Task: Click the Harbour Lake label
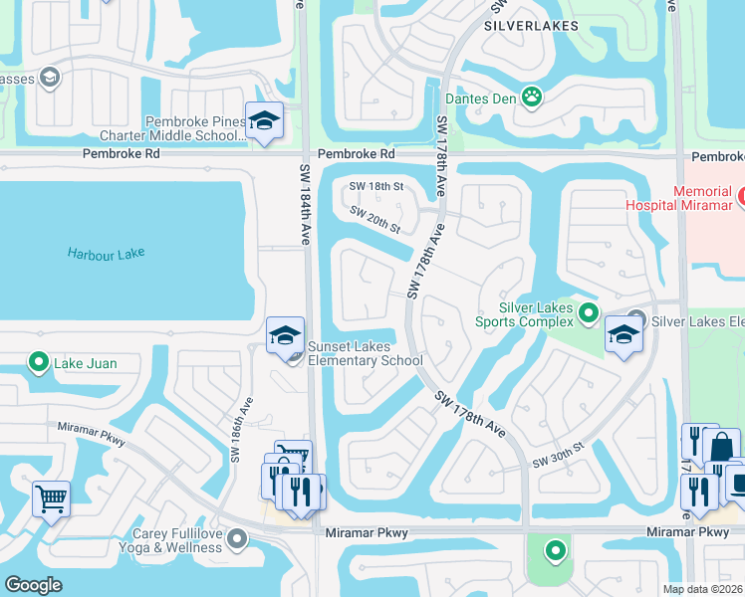coord(107,254)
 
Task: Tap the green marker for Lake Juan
coord(39,362)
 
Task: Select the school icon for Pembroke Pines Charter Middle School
coord(264,121)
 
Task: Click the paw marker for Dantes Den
coord(533,97)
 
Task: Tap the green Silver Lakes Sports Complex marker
coord(589,315)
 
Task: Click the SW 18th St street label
coord(375,186)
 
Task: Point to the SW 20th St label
coord(374,220)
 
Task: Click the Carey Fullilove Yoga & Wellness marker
coord(236,539)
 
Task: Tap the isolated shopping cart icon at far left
coord(51,497)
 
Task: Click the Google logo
coord(33,585)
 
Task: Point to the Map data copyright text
coord(702,589)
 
